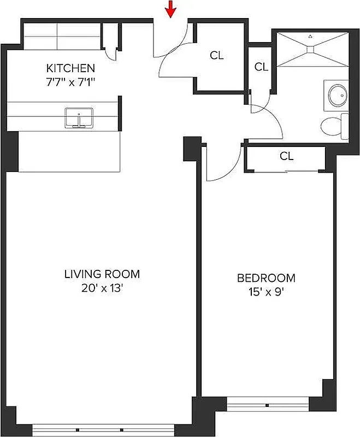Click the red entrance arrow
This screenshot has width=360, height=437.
pos(172,9)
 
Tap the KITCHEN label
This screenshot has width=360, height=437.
pos(70,68)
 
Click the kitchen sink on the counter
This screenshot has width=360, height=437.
pos(79,117)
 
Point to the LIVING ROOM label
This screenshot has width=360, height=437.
pos(102,274)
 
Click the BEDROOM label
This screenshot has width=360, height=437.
pos(266,278)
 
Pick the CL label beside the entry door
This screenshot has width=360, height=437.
pos(217,56)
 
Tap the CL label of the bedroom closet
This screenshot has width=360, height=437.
pos(286,156)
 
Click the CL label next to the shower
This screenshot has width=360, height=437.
pos(261,67)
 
